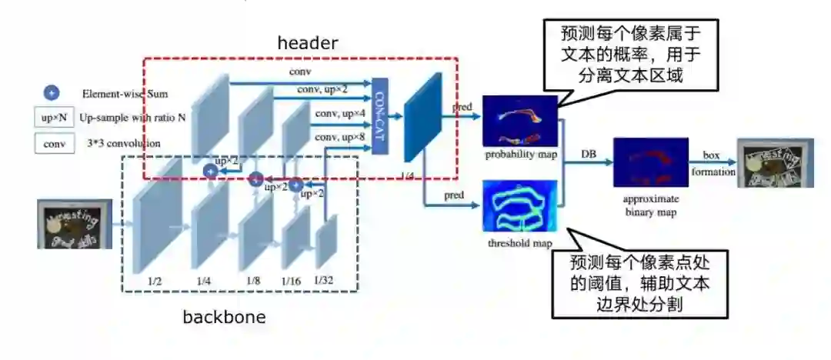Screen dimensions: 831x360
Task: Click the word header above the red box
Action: tap(307, 43)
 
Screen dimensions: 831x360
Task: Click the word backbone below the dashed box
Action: tap(224, 317)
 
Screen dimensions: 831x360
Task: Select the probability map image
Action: tap(519, 121)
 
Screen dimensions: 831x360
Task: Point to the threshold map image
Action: tap(519, 205)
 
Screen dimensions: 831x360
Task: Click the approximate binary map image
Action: tap(650, 162)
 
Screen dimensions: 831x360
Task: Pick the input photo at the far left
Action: tap(75, 224)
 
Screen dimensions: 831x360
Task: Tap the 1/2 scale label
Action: tap(155, 282)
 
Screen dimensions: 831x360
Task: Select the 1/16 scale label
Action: tap(291, 282)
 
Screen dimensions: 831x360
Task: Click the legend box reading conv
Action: tap(53, 143)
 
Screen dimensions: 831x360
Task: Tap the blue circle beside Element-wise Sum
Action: tap(52, 93)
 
